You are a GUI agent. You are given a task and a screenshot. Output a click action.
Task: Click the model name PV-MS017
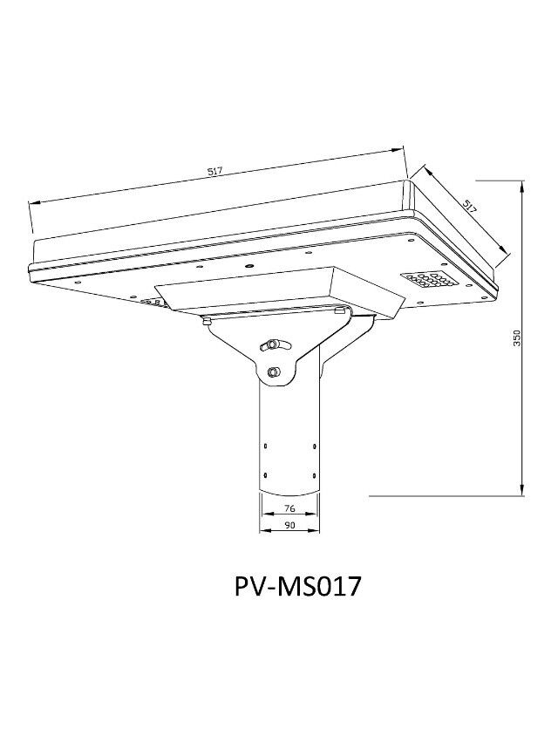[x=297, y=584]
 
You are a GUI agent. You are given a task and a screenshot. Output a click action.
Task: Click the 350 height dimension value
[x=516, y=339]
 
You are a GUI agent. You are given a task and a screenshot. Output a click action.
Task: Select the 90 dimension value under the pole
[x=289, y=525]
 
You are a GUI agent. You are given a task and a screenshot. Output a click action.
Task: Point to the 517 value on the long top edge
[x=215, y=172]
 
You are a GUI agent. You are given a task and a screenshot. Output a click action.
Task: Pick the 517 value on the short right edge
[x=470, y=207]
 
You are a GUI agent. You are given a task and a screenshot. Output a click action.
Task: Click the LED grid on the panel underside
[x=425, y=282]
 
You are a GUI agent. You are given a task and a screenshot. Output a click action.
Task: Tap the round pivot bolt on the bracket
[x=275, y=371]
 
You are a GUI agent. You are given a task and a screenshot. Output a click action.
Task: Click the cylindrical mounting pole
[x=288, y=436]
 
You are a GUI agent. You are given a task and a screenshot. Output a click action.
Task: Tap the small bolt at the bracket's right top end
[x=340, y=310]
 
